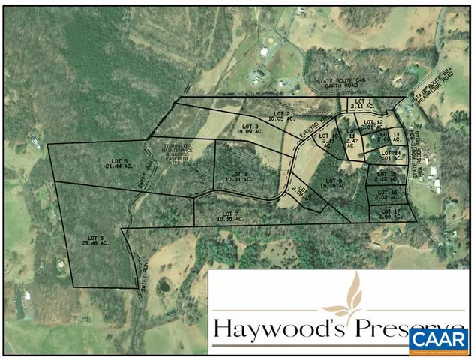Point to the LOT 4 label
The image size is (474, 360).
coord(235,177)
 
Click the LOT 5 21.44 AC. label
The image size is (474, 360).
coord(118,164)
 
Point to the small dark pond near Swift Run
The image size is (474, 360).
coord(163,286)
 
